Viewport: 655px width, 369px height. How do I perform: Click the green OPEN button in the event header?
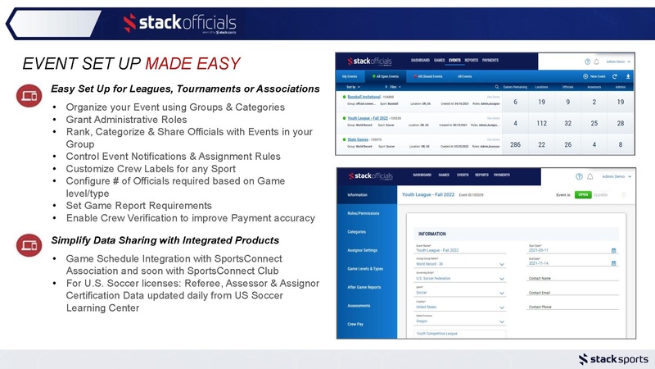tap(582, 195)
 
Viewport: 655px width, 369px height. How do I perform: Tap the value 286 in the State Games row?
tap(515, 144)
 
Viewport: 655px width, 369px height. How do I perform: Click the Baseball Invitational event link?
tap(369, 97)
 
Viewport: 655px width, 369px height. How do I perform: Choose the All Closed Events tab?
tap(423, 75)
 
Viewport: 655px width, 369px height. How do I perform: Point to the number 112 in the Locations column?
tap(541, 123)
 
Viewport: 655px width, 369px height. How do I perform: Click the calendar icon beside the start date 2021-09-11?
tap(613, 250)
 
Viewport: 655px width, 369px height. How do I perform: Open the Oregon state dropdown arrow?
tap(501, 321)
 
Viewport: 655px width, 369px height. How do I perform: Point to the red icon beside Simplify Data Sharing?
tap(27, 245)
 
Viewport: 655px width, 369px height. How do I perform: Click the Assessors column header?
tap(594, 85)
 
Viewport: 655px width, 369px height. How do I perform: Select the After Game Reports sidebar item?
tap(364, 286)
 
